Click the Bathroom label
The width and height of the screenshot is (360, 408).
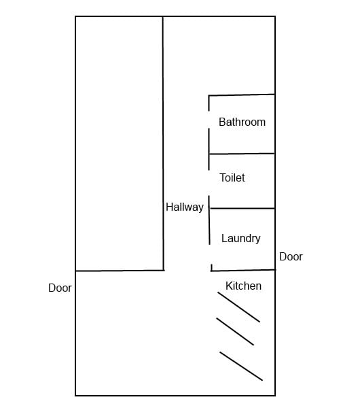[x=242, y=122]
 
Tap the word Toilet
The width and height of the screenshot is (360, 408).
[x=232, y=177]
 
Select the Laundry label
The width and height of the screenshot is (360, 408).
[x=241, y=239]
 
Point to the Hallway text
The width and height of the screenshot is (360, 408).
[x=185, y=207]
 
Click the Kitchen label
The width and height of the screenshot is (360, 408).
[x=244, y=286]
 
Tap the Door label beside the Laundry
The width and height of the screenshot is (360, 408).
[x=291, y=257]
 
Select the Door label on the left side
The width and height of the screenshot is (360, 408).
[x=60, y=288]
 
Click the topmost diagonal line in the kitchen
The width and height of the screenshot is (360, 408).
[x=239, y=307]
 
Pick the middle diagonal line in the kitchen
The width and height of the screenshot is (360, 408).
[x=235, y=332]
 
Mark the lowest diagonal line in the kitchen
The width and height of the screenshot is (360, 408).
[x=241, y=366]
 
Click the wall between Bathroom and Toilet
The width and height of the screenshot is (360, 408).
[x=242, y=154]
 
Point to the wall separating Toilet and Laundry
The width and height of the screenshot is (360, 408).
[x=242, y=209]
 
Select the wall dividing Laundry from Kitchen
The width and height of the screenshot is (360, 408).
[x=243, y=271]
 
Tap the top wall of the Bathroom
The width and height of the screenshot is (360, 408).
[x=242, y=95]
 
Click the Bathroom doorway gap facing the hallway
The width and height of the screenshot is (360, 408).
[x=209, y=120]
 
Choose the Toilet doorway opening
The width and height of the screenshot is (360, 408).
[x=209, y=183]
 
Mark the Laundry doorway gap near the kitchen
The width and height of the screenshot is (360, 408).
[x=211, y=254]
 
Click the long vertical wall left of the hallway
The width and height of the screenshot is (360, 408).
[x=163, y=143]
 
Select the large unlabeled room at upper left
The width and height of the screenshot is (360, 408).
[x=120, y=143]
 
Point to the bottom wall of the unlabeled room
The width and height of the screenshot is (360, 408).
[x=120, y=271]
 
